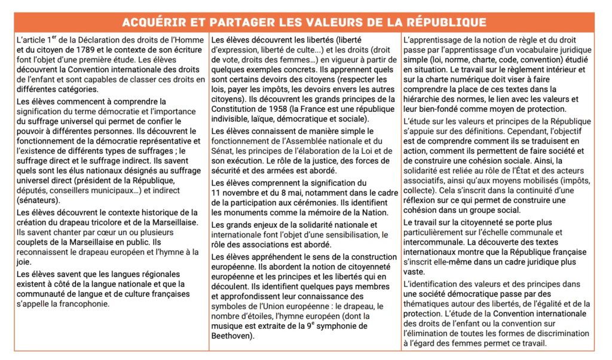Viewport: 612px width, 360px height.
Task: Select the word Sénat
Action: [x=223, y=150]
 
